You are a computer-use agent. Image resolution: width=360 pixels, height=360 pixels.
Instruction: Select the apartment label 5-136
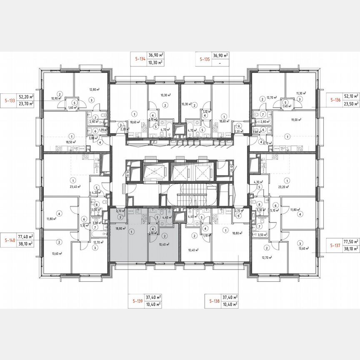[335, 100]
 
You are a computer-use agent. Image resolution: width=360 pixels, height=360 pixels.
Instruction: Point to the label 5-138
[214, 300]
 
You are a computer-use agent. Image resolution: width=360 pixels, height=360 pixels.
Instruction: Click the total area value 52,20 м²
[26, 96]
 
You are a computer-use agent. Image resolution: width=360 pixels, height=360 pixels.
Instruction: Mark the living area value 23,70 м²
[26, 105]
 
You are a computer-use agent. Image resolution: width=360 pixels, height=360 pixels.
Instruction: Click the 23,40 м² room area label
[75, 187]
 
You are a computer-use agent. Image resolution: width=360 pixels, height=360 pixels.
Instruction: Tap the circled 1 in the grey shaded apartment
[132, 232]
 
